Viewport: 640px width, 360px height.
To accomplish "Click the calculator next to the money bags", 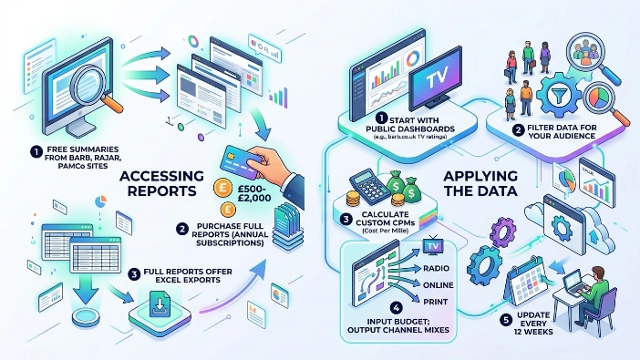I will coord(366,187).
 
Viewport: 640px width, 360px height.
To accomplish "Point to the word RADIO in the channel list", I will coord(441,269).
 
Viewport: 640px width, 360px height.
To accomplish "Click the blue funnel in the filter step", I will coord(542,96).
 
